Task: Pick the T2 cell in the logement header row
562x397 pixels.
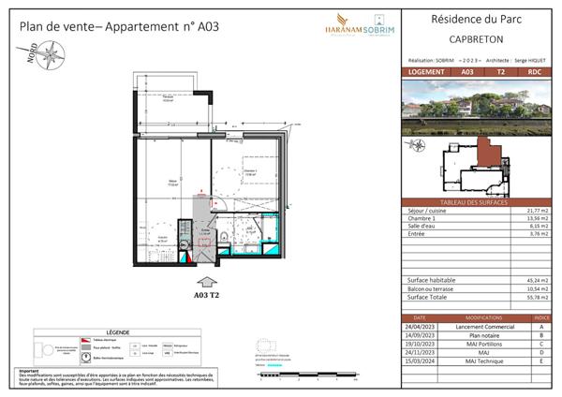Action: point(500,71)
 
